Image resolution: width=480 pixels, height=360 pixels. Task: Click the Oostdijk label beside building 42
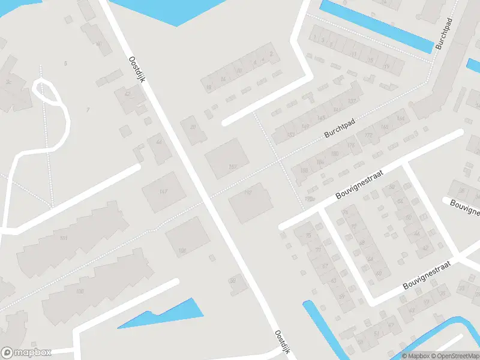[x=137, y=75]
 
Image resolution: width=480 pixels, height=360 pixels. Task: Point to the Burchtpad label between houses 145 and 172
[x=340, y=128]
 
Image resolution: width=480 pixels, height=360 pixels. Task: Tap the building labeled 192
[x=250, y=202]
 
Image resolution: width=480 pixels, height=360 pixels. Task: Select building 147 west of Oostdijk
[x=161, y=191]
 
